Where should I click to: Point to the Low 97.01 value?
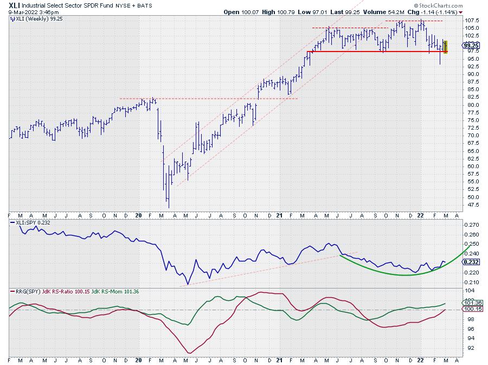click(x=313, y=11)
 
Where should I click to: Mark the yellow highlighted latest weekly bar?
click(x=446, y=47)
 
